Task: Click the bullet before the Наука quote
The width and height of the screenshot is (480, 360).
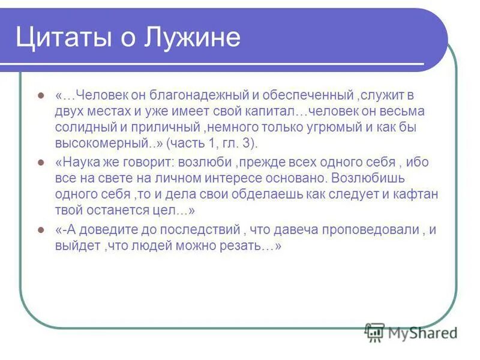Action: [x=41, y=163]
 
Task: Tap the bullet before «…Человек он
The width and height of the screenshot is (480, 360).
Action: [x=41, y=95]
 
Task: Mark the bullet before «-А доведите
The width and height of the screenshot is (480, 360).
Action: [x=41, y=230]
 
